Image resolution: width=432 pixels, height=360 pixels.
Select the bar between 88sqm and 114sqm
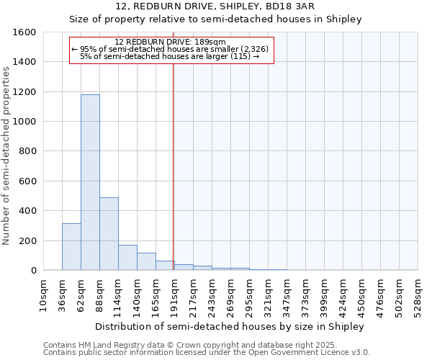(109, 233)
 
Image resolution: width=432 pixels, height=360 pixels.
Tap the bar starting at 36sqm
(71, 246)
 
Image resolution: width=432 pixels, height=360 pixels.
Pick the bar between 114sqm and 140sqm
(127, 257)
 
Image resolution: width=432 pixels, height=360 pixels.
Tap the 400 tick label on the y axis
(28, 211)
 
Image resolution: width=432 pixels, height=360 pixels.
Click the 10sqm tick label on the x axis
(43, 294)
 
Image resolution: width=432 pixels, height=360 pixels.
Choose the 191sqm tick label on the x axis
(174, 296)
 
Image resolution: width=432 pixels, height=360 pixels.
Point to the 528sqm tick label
(418, 296)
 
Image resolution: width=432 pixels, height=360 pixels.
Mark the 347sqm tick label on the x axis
(287, 296)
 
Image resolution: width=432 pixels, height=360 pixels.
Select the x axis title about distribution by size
(230, 326)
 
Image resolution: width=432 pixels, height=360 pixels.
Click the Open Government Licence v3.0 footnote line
(207, 353)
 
